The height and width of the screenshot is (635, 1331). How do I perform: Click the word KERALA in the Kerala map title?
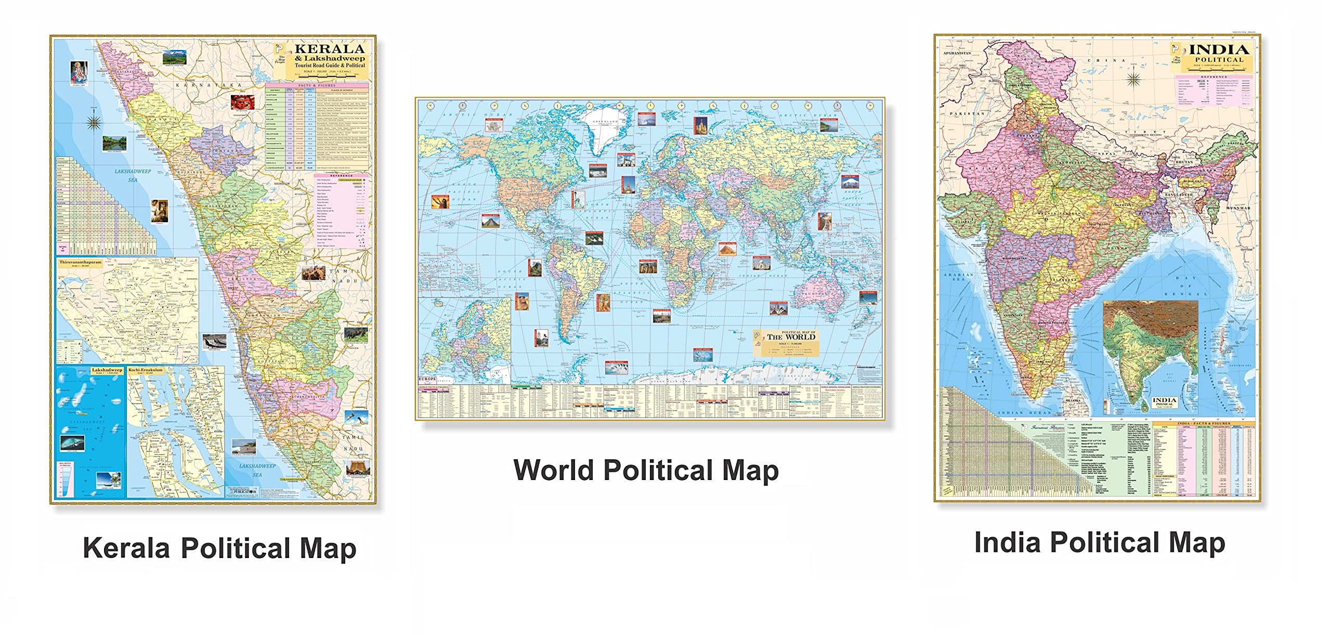point(330,49)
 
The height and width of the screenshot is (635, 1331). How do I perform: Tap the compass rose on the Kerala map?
point(94,122)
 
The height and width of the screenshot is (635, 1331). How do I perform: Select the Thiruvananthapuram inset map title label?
point(80,263)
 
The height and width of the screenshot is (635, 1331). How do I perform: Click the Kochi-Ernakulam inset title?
point(146,370)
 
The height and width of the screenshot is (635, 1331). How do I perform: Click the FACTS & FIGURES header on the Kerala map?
point(317,85)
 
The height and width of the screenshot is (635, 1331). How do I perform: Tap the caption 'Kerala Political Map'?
point(219,548)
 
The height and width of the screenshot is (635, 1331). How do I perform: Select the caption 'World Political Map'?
point(646,470)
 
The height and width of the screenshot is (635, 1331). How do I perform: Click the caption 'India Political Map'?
point(1100,543)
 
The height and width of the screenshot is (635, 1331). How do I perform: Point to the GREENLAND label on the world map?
point(605,121)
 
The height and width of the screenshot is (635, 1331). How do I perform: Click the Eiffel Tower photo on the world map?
point(628,184)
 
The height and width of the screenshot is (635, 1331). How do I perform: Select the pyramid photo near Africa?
point(727,249)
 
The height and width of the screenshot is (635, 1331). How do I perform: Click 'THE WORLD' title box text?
point(791,337)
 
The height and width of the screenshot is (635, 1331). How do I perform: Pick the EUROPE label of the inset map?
point(428,379)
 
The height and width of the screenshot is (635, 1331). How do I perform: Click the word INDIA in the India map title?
point(1219,50)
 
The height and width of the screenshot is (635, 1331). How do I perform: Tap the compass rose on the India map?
point(1134,79)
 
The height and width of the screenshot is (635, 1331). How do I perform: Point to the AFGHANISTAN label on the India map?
point(957,53)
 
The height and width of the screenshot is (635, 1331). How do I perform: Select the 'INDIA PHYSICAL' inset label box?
point(1164,401)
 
